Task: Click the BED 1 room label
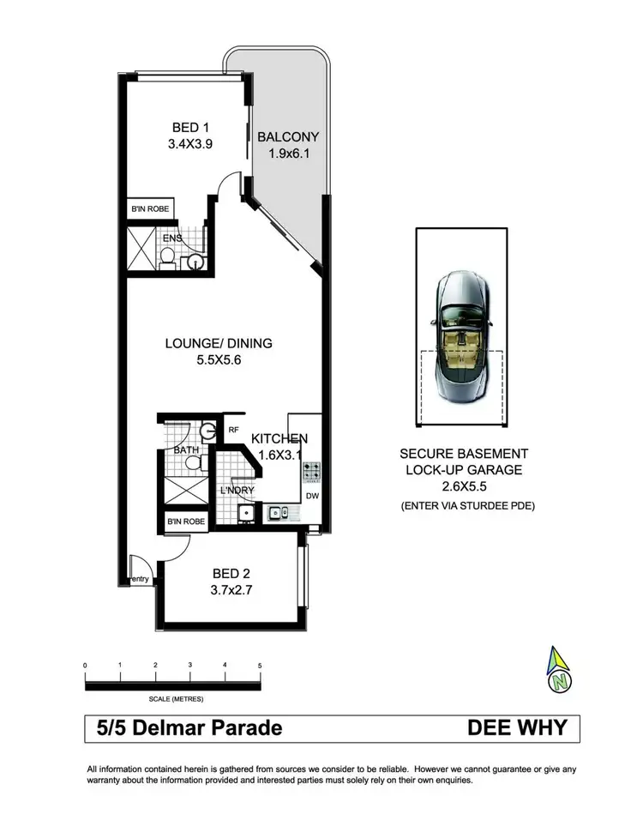click(190, 129)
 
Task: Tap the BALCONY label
click(288, 136)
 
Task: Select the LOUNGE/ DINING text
click(219, 343)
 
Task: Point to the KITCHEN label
click(279, 439)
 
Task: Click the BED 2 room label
click(231, 573)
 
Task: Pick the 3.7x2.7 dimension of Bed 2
click(231, 590)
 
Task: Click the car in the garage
click(461, 337)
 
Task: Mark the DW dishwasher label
click(311, 496)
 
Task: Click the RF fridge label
click(231, 431)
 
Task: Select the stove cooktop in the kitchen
click(313, 471)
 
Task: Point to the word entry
click(140, 580)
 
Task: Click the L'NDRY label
click(237, 491)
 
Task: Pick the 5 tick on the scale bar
click(260, 665)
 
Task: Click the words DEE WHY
click(517, 729)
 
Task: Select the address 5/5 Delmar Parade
click(184, 729)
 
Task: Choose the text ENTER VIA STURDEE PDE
click(467, 505)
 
